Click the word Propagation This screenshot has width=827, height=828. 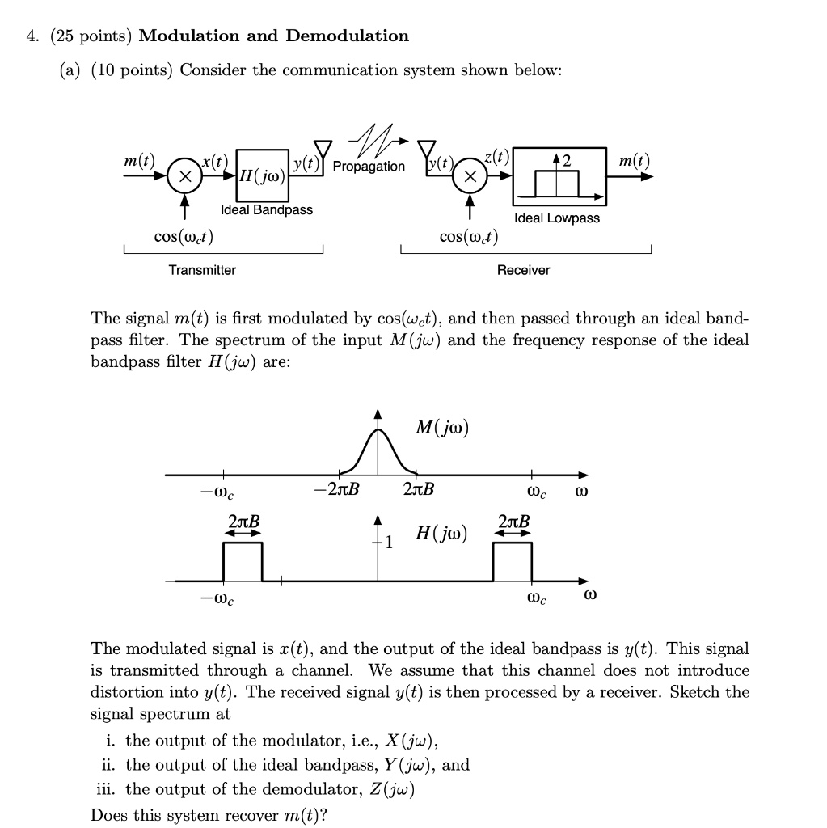coord(369,167)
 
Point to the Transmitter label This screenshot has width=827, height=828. coord(202,270)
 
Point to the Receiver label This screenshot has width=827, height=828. coord(523,270)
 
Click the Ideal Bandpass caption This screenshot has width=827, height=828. coord(267,210)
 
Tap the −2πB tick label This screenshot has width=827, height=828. coord(339,491)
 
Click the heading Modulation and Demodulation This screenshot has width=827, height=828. coord(274,36)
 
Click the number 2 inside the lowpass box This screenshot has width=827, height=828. coord(567,160)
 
